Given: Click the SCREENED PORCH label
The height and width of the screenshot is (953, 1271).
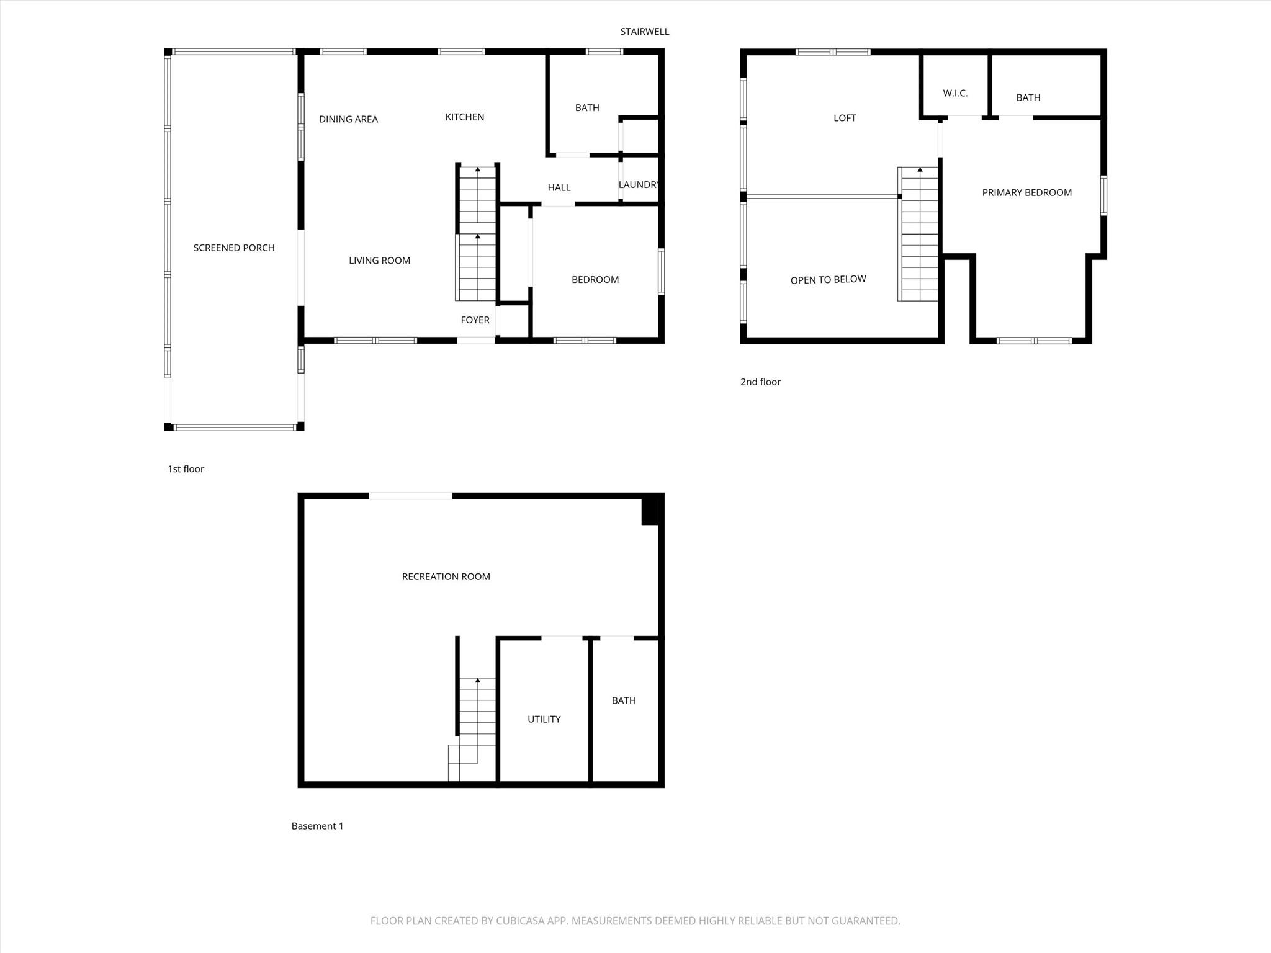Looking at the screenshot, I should click(234, 248).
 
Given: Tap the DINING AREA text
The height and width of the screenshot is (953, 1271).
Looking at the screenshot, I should click(348, 119).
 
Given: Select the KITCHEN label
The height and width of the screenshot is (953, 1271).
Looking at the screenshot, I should click(464, 117).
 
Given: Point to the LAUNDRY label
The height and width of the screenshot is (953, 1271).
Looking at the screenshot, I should click(639, 184).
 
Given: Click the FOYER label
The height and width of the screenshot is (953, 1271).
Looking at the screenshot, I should click(475, 320).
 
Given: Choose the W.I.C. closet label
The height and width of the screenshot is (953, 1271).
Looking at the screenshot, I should click(955, 93).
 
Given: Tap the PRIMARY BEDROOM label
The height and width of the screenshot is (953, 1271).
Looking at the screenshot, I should click(1026, 192).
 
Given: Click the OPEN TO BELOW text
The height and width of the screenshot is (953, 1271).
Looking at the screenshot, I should click(828, 280).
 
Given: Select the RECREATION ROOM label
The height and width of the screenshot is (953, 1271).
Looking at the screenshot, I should click(446, 576).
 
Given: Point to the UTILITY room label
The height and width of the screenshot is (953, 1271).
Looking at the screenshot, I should click(544, 719).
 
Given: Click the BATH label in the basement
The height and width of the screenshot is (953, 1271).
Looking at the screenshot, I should click(624, 700).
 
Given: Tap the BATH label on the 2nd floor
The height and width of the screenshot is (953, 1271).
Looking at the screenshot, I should click(1028, 97).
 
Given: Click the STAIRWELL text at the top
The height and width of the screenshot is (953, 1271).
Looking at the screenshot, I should click(644, 32).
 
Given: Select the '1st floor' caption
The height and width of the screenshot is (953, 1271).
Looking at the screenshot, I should click(186, 469).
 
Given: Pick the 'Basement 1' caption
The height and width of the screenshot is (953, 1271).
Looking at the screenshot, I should click(317, 826).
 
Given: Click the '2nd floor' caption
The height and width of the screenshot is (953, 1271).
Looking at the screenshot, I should click(760, 382).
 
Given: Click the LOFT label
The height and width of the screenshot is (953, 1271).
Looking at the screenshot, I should click(844, 118).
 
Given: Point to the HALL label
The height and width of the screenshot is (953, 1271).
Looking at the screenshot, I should click(559, 187).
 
